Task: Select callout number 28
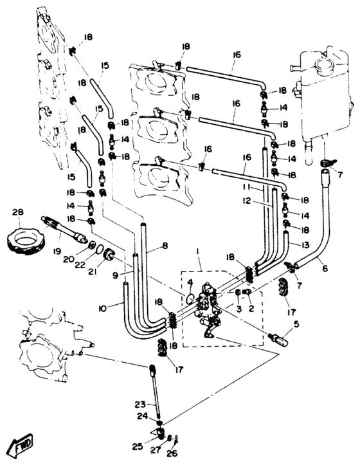18,212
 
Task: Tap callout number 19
57,251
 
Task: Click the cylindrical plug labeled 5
280,340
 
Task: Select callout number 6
325,268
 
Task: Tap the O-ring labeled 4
190,298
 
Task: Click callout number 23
140,404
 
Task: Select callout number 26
172,453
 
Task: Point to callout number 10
102,309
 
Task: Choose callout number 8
165,246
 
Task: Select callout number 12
246,201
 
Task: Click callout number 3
239,309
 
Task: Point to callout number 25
138,446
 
